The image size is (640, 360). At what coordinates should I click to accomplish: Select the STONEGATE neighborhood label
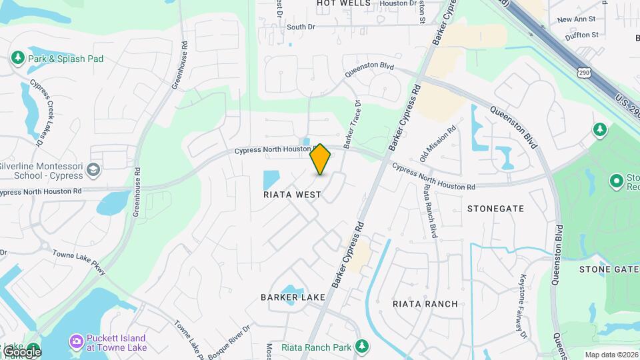[x=495, y=209]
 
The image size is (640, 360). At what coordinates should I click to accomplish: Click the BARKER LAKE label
[x=293, y=297]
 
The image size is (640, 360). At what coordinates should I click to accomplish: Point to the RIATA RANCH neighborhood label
[x=425, y=304]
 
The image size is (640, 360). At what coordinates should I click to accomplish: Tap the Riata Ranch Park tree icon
[x=362, y=346]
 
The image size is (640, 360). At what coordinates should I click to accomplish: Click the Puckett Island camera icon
[x=77, y=342]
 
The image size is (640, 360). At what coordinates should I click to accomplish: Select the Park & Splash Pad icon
[x=18, y=59]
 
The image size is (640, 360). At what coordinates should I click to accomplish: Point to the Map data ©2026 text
[x=611, y=355]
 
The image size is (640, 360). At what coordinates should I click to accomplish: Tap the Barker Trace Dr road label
[x=351, y=124]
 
